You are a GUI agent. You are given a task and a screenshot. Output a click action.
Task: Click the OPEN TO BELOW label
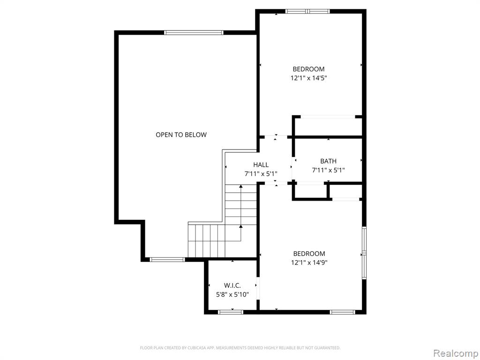pos(181,135)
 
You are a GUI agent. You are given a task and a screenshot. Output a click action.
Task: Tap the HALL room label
pos(261,165)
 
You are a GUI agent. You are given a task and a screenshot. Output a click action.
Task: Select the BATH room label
pos(328,161)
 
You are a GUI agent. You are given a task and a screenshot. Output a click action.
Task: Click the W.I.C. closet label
pos(232,285)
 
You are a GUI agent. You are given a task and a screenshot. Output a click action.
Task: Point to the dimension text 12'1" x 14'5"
pos(308,78)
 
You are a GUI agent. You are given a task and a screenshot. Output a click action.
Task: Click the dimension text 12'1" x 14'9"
pos(309,262)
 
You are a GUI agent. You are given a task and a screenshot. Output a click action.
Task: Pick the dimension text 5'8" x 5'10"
pos(232,295)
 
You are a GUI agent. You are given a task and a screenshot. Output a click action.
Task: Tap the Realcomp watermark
pos(455,353)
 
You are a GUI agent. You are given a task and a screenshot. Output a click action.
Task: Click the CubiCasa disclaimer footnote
pos(240,348)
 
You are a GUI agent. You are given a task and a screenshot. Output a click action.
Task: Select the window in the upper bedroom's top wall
pos(307,12)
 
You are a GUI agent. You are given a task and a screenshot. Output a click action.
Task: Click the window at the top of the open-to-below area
pos(194,33)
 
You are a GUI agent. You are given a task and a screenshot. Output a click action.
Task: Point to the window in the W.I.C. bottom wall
pos(231,312)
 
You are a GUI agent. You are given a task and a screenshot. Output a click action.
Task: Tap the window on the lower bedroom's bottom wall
pos(342,312)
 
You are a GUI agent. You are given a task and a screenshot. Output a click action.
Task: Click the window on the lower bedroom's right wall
pos(364,253)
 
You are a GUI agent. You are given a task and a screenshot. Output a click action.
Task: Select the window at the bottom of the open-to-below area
pos(167,260)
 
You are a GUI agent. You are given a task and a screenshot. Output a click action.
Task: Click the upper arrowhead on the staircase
pos(241,186)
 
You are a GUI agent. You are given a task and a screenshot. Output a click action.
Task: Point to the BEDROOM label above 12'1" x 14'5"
pos(308,69)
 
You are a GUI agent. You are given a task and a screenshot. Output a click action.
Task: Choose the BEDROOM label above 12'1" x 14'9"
pos(309,254)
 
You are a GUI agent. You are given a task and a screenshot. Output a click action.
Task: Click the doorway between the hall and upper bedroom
pos(276,137)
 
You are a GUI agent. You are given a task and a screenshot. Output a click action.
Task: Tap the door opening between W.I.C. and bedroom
pos(258,288)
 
